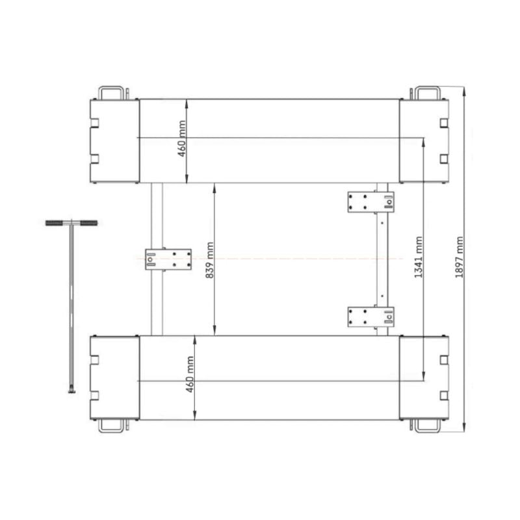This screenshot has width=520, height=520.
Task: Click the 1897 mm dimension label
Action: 459,257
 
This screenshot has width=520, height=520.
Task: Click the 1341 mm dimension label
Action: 419,257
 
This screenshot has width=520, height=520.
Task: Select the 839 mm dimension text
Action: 209,261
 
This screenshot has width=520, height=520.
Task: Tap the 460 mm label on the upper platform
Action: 182,138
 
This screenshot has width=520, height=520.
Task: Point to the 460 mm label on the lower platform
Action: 190,374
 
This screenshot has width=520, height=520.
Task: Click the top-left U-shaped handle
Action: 111,87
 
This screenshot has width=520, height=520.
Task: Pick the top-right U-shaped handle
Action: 428,87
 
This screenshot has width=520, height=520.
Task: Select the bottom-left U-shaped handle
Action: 111,431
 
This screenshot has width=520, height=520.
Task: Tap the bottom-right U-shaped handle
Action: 428,431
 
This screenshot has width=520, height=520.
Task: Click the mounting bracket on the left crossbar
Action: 168,259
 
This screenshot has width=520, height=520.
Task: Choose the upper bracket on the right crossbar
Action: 370,201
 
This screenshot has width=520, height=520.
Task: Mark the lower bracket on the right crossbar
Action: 370,317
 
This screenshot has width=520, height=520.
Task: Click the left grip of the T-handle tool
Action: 54,223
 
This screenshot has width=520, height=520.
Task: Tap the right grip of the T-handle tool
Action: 89,223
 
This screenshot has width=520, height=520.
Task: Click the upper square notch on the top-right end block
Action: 444,123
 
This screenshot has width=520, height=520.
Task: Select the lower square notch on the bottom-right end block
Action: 444,395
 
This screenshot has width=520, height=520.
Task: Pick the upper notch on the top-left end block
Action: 94,123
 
